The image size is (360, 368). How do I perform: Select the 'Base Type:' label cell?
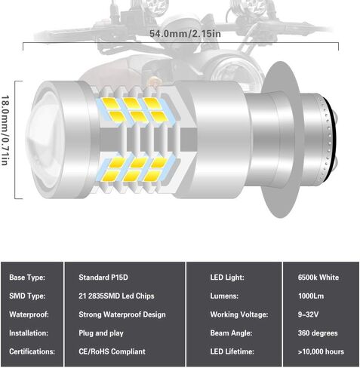tap(27, 278)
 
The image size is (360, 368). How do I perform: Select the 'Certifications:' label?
tap(32, 351)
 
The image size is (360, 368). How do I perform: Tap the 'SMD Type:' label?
tap(26, 296)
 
